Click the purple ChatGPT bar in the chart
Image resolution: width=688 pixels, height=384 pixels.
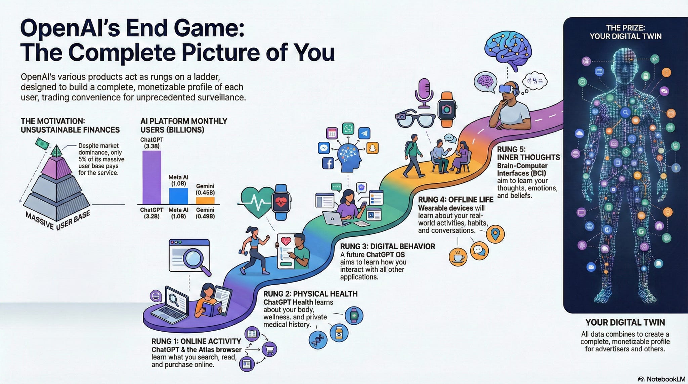(152, 177)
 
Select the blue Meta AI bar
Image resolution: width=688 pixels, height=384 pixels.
(178, 196)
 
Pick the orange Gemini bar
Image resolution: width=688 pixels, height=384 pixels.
(205, 201)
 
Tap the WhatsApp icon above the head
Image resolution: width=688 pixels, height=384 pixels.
(348, 129)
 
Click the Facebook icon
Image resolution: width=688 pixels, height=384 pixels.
(328, 164)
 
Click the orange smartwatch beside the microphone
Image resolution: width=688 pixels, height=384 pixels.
(446, 109)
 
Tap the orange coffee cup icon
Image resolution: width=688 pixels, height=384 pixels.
(458, 257)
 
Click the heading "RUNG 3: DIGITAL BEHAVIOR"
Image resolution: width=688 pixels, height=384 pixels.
(387, 246)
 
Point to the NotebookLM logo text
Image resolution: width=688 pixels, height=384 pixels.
(665, 379)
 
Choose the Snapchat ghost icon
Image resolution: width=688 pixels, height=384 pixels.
(372, 148)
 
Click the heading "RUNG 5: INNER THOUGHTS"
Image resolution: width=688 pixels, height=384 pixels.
(528, 153)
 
